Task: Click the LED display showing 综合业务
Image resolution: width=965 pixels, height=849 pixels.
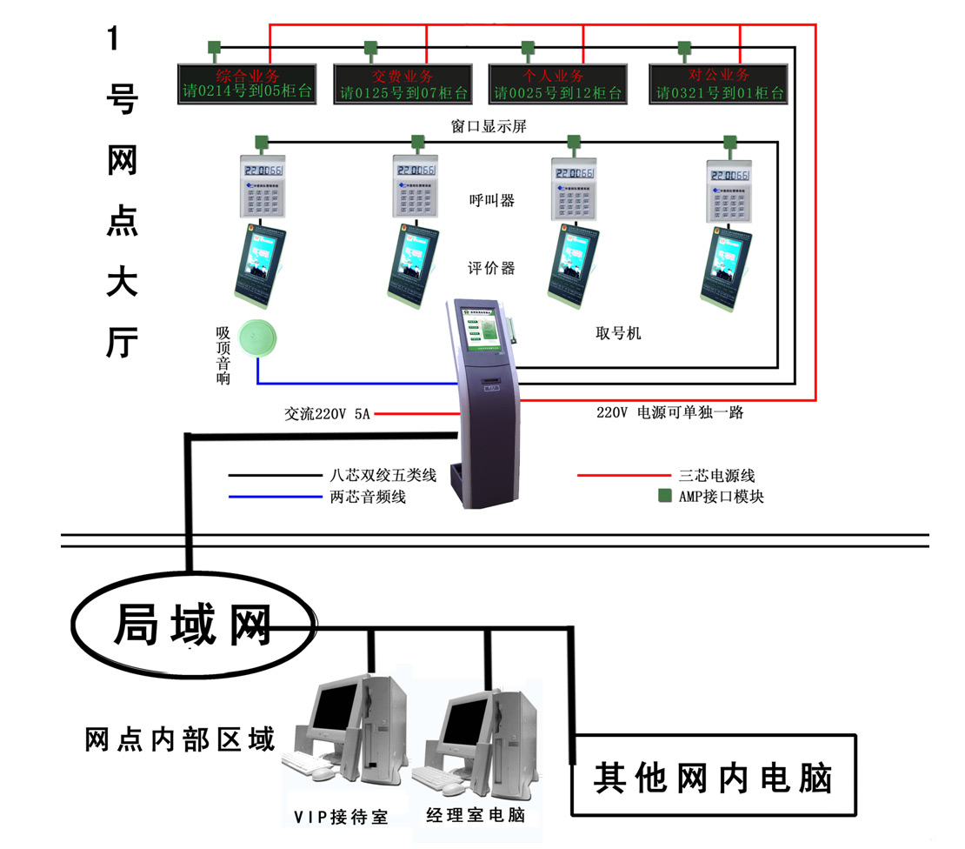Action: pos(248,84)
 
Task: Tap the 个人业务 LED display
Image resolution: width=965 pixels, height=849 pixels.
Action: pos(558,84)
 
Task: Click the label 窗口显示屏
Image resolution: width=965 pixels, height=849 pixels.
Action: pos(489,126)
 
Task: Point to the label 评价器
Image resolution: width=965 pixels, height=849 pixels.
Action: pos(491,268)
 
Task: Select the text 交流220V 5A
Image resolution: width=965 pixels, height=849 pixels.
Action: pos(327,414)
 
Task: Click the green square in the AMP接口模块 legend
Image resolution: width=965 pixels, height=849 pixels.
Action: pos(665,496)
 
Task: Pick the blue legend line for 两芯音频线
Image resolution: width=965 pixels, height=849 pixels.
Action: pos(275,498)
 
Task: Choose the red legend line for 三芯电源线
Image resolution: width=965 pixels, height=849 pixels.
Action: pos(622,476)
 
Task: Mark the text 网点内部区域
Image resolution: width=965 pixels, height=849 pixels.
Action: pos(180,740)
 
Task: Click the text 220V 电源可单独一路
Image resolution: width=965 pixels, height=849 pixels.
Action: pos(669,412)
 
